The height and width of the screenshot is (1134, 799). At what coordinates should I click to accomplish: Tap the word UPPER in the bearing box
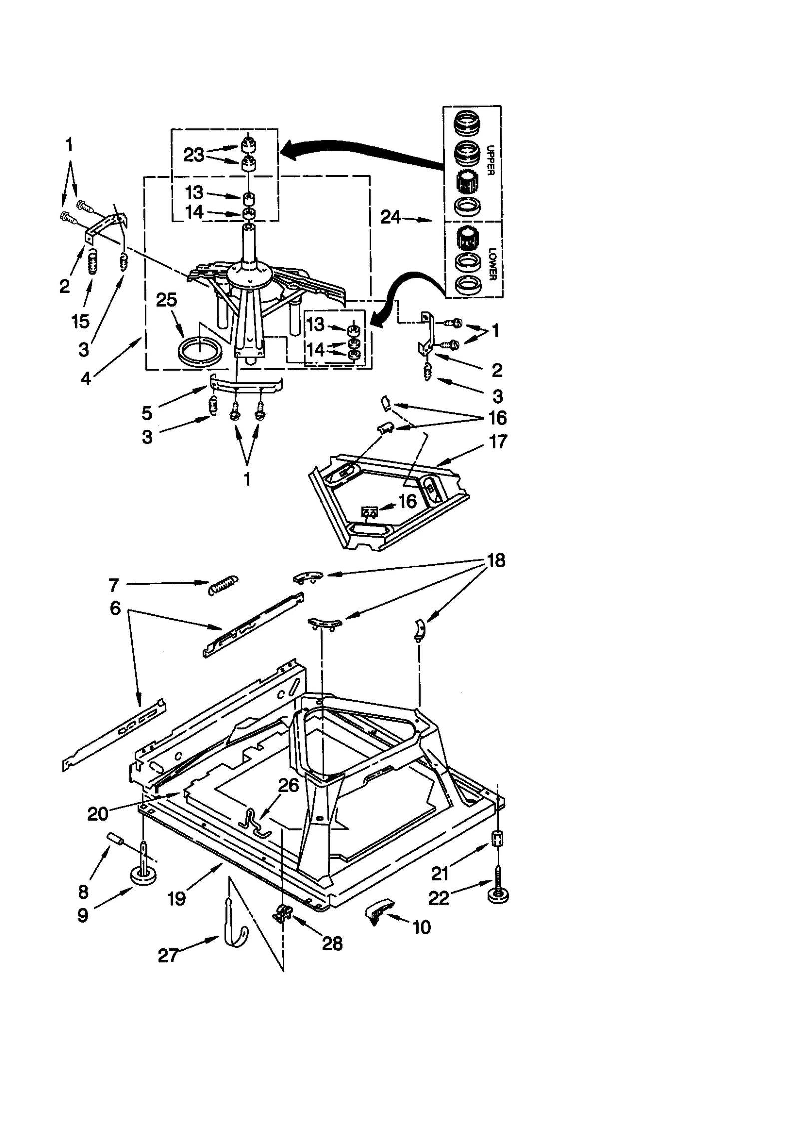(490, 160)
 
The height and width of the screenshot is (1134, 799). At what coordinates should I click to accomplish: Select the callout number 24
(390, 217)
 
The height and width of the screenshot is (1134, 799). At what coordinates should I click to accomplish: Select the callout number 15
(80, 321)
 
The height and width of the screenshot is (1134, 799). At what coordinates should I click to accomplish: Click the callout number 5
(147, 413)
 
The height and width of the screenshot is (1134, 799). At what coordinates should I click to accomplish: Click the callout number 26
(288, 785)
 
